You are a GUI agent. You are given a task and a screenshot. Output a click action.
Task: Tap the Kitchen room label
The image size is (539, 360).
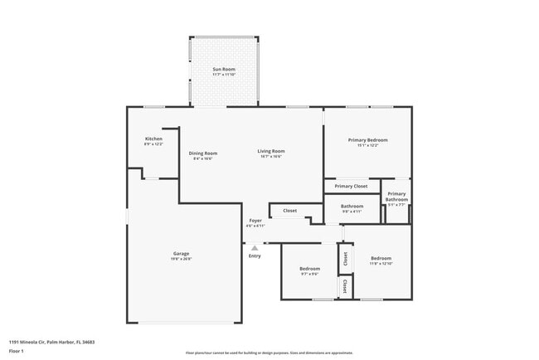[153, 139]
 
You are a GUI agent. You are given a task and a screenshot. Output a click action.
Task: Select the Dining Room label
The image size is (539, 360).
[203, 153]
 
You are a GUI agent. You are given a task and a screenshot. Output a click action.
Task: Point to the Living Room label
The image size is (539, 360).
[270, 151]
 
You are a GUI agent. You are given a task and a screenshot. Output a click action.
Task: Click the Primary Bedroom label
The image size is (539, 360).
[367, 140]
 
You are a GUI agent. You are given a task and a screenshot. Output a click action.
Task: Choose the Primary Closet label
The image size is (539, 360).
[351, 187]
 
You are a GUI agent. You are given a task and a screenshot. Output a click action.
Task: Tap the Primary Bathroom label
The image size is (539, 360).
[396, 197]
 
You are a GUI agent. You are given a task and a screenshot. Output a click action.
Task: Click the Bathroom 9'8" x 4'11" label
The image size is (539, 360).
[352, 206]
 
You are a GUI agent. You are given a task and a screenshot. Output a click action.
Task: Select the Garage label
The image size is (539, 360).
[181, 253]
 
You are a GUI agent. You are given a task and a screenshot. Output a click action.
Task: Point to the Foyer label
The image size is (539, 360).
[255, 220]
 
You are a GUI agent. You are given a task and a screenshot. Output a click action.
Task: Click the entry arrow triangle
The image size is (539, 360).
[255, 247]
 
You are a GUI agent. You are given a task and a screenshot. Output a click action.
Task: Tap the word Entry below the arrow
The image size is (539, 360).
[255, 255]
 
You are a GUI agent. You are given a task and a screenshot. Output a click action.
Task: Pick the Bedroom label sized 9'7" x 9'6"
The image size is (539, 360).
[309, 269]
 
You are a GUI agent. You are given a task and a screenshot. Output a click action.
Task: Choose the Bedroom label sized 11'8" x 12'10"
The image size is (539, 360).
[381, 259]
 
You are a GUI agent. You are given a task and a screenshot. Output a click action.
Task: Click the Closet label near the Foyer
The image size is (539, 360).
[289, 211]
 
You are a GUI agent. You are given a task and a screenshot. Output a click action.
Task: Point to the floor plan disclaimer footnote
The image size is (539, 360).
[269, 353]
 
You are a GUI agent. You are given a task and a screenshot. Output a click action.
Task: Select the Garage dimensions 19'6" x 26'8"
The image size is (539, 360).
[181, 259]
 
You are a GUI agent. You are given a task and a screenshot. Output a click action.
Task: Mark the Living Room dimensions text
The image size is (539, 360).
[270, 157]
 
